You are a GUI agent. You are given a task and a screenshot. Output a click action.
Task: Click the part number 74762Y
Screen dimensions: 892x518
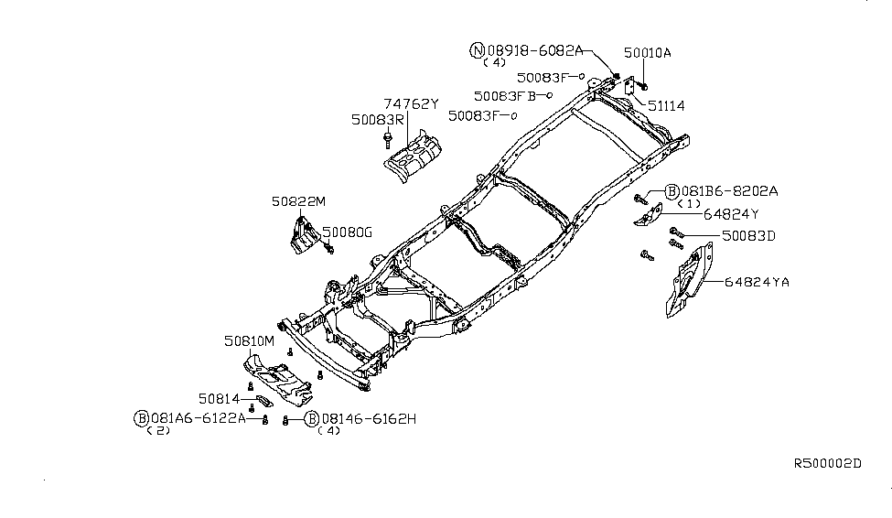pos(411,104)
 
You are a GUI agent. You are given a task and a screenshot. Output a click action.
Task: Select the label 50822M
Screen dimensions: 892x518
pos(298,201)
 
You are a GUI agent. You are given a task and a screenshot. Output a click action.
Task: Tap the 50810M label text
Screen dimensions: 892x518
pos(249,341)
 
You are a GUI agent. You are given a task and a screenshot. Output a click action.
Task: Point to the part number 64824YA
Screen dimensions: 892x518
pos(757,282)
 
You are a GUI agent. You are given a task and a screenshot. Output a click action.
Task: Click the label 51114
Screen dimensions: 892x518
pos(666,106)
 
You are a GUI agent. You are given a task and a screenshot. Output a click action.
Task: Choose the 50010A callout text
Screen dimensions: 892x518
pos(648,53)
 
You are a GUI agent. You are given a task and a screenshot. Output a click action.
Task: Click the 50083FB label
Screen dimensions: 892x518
pos(505,96)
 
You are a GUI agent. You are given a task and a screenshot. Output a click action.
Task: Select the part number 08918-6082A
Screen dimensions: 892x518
pos(535,50)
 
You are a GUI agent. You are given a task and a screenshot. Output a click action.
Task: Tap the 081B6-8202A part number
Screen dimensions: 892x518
pos(730,191)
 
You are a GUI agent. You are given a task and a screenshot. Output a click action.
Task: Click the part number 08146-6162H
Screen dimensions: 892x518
pos(370,419)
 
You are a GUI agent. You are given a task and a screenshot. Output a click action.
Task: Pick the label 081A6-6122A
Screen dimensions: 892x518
pos(198,418)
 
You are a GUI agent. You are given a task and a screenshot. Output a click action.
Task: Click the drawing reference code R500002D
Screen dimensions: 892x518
pos(828,463)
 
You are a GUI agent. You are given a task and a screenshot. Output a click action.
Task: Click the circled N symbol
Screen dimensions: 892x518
pos(477,50)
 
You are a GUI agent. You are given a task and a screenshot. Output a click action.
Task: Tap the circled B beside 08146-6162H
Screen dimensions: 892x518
pos(312,419)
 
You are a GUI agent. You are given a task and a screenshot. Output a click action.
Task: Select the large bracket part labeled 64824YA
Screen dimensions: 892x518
pos(690,280)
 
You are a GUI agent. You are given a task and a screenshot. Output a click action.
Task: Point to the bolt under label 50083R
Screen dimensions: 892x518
pos(388,139)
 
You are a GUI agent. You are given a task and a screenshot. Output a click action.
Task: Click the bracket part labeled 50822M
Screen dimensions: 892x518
pos(305,234)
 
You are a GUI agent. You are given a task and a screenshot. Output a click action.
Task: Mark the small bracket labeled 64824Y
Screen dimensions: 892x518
pos(649,214)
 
